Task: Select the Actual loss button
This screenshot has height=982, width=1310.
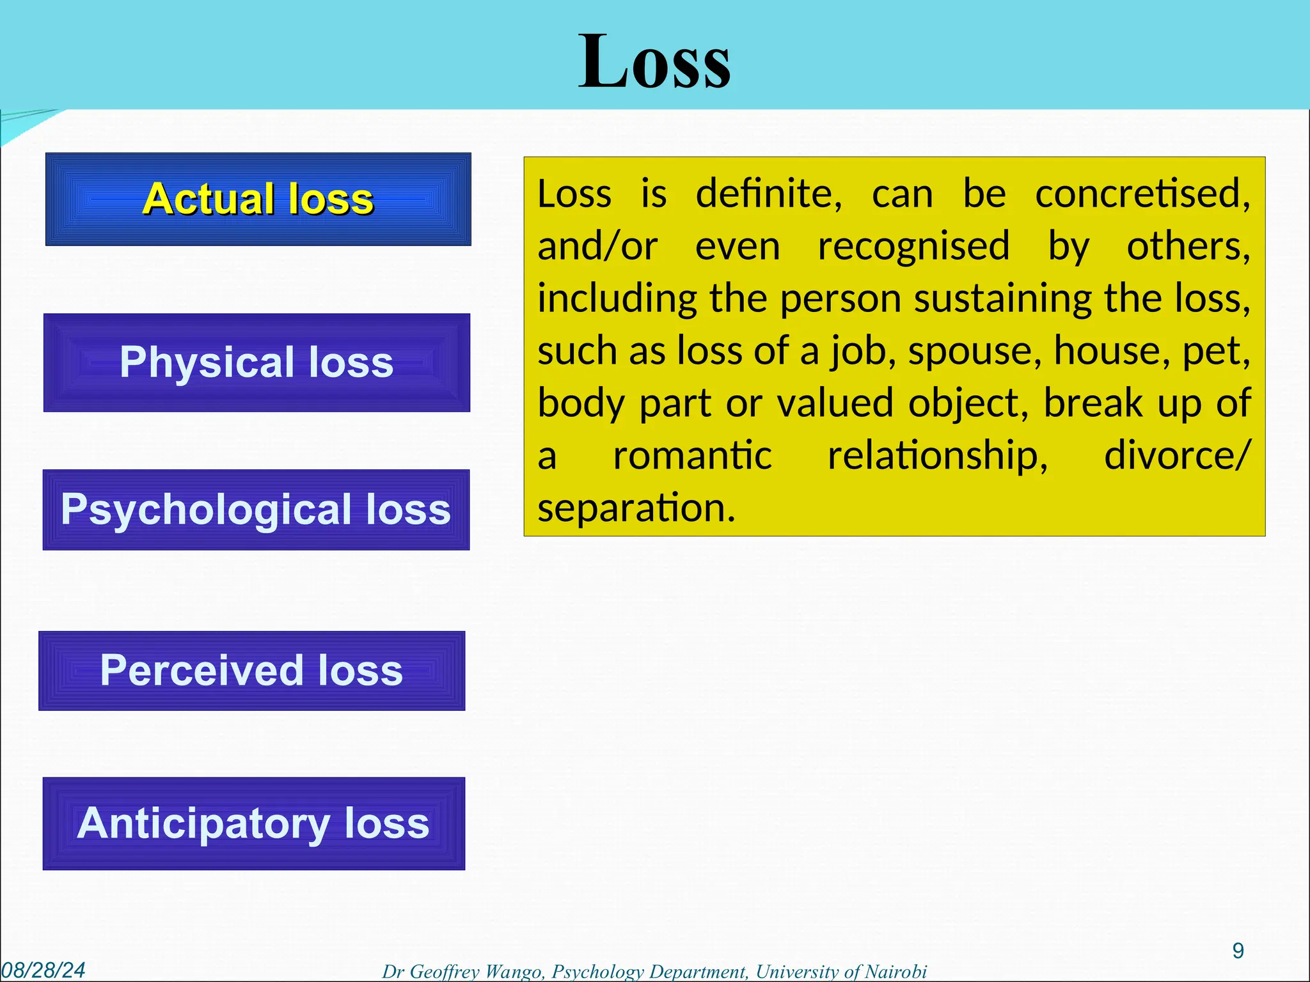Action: point(258,199)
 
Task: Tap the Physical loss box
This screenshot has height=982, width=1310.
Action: point(256,362)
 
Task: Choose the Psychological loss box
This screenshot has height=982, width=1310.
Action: point(256,510)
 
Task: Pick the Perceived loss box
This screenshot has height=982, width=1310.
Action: point(251,671)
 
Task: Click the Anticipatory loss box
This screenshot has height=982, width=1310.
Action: point(253,823)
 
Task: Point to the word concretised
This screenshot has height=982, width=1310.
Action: point(1142,194)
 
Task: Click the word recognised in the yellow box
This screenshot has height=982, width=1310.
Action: point(913,246)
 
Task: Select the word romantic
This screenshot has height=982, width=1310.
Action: point(692,456)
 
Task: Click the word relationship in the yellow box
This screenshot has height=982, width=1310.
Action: point(938,456)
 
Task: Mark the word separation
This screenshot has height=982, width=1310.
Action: point(636,508)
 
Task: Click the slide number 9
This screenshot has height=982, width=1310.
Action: point(1238,951)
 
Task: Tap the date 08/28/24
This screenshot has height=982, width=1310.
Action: point(43,970)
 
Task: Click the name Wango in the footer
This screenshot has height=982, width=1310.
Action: point(512,972)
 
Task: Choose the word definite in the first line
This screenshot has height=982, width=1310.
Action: point(768,194)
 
